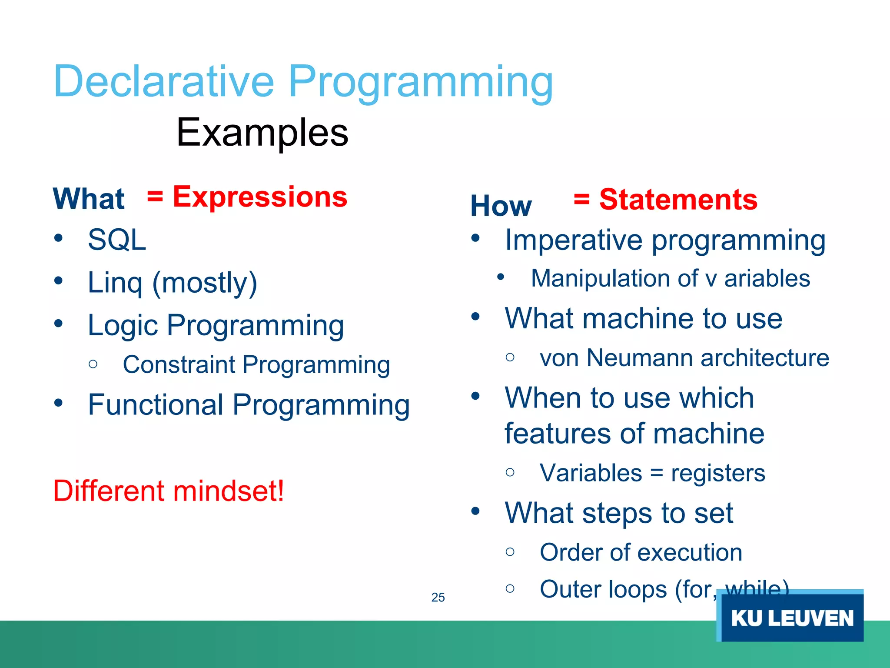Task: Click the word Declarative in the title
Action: [x=164, y=81]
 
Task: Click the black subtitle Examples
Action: [x=262, y=132]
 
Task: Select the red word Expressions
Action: [x=260, y=197]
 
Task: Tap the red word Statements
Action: [x=678, y=200]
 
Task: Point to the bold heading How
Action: [x=501, y=206]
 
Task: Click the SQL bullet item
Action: [x=117, y=240]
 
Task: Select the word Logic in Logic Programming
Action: [x=123, y=326]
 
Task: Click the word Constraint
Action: [x=179, y=364]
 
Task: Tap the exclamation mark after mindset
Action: [x=280, y=491]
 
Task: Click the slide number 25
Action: [x=438, y=598]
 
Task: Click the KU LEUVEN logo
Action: [x=790, y=615]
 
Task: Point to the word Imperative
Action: [x=574, y=240]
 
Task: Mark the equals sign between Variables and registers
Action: [x=657, y=473]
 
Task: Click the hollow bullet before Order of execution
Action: [x=510, y=552]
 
